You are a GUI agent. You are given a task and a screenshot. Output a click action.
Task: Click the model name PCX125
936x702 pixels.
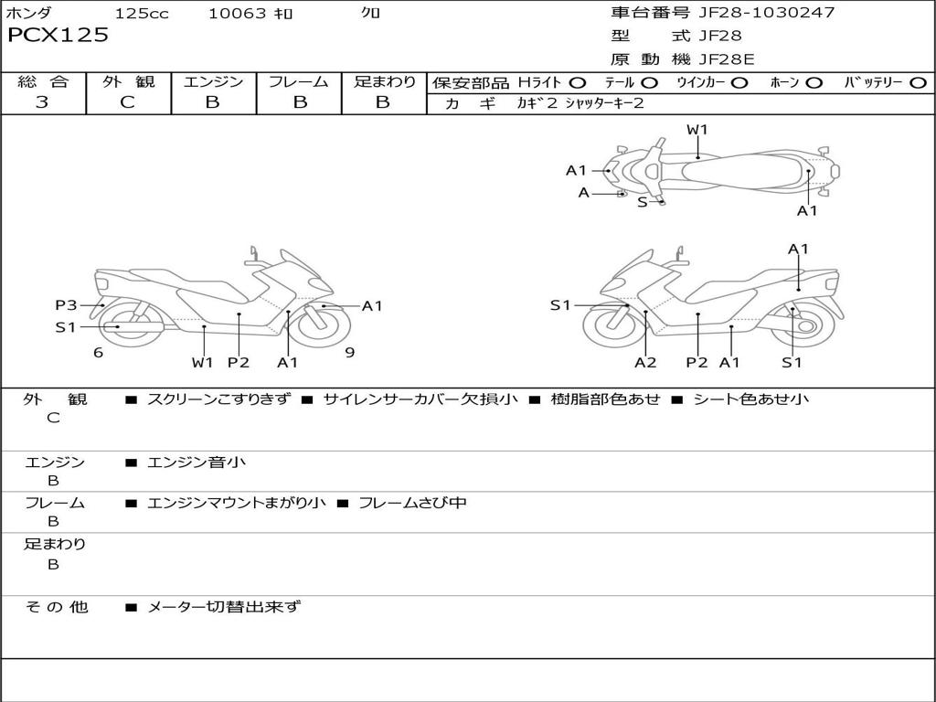(58, 36)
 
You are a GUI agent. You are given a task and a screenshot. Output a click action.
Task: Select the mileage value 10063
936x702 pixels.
(237, 14)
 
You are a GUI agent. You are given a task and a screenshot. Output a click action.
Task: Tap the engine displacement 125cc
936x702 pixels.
(142, 14)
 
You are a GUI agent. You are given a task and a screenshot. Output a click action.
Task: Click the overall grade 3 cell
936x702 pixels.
(42, 102)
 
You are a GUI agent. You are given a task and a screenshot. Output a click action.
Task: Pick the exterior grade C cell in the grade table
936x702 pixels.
(127, 102)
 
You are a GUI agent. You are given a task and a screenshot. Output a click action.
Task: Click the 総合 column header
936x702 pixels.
(43, 82)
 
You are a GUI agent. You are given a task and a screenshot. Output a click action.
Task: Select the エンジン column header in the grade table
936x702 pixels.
(213, 82)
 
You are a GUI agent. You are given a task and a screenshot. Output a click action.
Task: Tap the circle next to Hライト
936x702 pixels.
(578, 83)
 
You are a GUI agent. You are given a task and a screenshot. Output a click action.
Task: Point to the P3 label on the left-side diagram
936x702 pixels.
(66, 305)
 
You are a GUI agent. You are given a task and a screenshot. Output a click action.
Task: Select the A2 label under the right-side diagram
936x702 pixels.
(645, 363)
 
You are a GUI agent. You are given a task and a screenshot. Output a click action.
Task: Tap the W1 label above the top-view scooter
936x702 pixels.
(697, 130)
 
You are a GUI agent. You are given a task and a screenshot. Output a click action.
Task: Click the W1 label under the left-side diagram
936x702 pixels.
(202, 363)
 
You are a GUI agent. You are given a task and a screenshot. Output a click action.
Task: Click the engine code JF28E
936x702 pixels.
(726, 59)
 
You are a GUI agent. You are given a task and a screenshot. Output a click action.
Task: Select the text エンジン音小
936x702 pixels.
(197, 463)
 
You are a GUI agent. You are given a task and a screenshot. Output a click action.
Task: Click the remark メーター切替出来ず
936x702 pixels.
(224, 607)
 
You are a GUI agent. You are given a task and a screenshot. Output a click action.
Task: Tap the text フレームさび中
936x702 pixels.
(412, 503)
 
